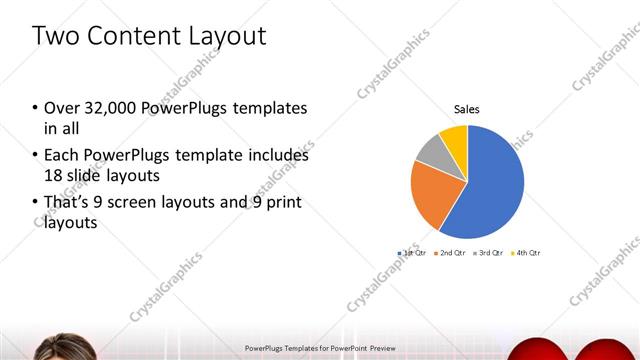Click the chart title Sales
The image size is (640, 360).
(x=467, y=108)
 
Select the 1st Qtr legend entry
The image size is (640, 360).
(x=413, y=253)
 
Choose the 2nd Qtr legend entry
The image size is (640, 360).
(x=452, y=253)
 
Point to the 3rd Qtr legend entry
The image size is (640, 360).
(x=489, y=253)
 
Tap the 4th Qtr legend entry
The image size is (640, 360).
(x=527, y=253)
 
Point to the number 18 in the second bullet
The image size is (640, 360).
(x=53, y=176)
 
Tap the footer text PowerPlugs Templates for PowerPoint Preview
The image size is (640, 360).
(x=320, y=348)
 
